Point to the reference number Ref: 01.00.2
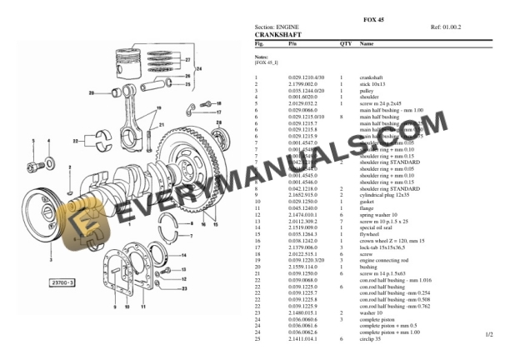[x=446, y=27]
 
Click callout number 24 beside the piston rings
[x=187, y=76]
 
